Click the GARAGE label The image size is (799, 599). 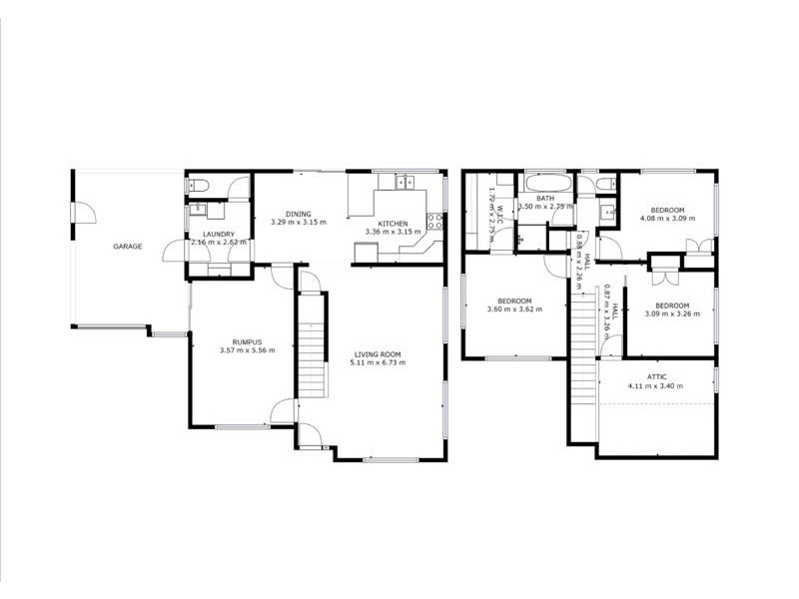[127, 246]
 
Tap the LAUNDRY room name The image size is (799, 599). [212, 234]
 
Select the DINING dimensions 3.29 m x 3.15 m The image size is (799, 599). [298, 223]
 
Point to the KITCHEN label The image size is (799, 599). [393, 223]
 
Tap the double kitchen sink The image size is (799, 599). [403, 182]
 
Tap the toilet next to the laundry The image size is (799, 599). [198, 186]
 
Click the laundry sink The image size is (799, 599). [198, 210]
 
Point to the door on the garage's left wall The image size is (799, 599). [83, 213]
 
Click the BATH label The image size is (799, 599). [544, 198]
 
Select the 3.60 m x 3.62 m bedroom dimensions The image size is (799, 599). [514, 309]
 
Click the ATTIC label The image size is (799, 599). [656, 376]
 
